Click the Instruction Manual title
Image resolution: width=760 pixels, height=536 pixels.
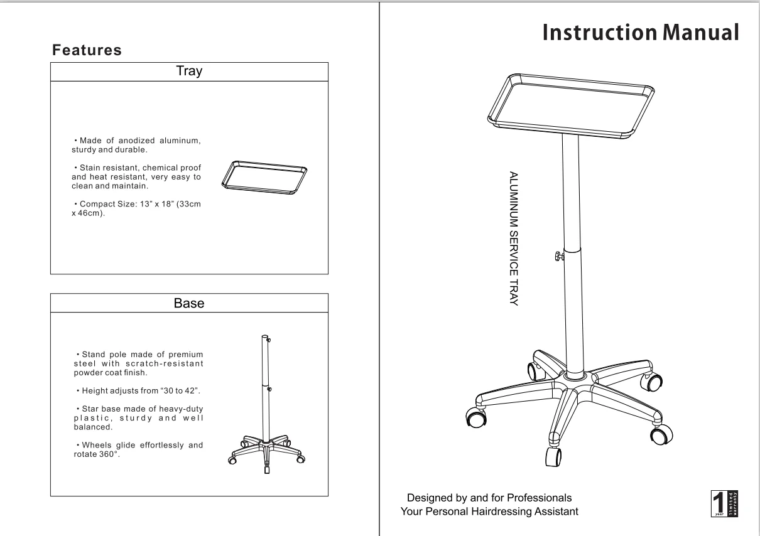[640, 32]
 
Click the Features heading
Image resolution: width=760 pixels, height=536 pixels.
[87, 50]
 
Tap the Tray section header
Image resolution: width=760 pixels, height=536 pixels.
[189, 72]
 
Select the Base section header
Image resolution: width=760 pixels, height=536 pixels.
[189, 304]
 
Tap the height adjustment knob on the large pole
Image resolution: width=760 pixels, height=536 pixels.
[558, 255]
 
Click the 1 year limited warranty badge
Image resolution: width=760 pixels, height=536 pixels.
[724, 504]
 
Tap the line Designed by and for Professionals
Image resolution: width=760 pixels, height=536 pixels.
[490, 498]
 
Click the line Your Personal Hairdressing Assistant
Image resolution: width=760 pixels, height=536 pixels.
[490, 512]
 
